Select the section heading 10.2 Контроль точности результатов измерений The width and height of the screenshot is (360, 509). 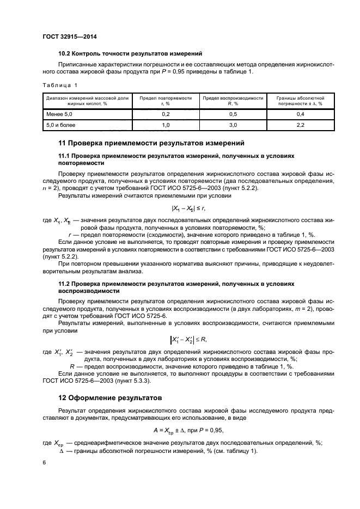[130, 53]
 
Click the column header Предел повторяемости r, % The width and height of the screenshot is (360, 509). [166, 100]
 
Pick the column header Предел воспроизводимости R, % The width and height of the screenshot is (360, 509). [233, 100]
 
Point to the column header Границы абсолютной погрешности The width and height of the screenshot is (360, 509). [300, 100]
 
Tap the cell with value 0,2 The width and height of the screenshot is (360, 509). [166, 114]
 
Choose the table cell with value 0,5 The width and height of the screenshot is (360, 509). [233, 114]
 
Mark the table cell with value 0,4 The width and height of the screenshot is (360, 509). [300, 114]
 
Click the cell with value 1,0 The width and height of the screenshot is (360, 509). [166, 125]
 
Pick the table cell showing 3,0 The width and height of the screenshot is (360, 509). [233, 125]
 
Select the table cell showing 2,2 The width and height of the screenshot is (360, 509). [300, 125]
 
